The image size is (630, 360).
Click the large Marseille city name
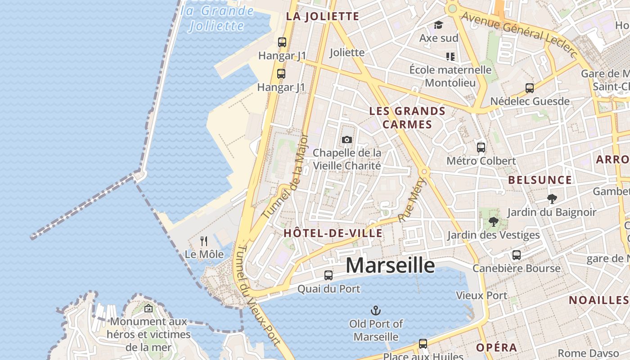click(390, 265)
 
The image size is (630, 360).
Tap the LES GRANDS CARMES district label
click(407, 117)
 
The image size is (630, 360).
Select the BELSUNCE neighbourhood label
click(540, 180)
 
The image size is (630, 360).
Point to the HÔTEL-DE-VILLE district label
click(333, 233)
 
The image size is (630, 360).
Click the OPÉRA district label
click(496, 348)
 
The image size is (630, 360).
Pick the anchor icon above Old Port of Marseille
click(375, 310)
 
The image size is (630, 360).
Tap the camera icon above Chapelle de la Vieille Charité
click(346, 140)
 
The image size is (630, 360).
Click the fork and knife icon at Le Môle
click(204, 241)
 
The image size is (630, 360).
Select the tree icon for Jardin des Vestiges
click(493, 221)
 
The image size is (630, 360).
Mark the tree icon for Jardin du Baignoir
click(552, 198)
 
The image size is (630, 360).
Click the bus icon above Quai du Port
click(328, 275)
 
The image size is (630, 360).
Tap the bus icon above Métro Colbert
click(481, 147)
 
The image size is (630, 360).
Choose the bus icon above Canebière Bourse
click(516, 255)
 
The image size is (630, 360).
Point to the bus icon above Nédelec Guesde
click(530, 88)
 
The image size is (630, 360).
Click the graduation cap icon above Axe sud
click(438, 25)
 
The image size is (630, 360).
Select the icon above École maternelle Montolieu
click(450, 56)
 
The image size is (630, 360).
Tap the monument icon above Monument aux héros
click(148, 308)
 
